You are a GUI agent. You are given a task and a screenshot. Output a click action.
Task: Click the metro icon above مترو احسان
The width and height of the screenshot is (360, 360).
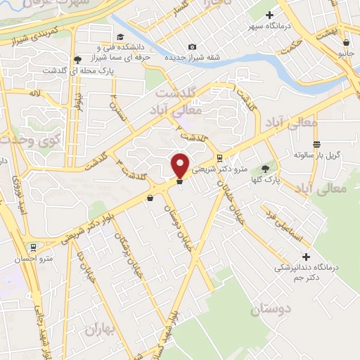(32, 247)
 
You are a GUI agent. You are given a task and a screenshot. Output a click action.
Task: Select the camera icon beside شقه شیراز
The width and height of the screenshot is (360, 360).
(192, 46)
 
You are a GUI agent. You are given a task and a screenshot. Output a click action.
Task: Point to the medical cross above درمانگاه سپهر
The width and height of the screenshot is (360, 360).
(269, 14)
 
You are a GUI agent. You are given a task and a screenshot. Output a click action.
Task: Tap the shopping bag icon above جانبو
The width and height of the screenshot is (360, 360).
(344, 41)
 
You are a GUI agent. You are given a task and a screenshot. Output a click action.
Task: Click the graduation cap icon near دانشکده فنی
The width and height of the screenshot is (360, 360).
(120, 37)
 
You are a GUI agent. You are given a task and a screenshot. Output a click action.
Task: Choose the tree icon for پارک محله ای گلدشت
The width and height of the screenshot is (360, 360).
(77, 59)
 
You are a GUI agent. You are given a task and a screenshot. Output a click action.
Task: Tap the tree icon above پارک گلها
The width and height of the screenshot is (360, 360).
(264, 168)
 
